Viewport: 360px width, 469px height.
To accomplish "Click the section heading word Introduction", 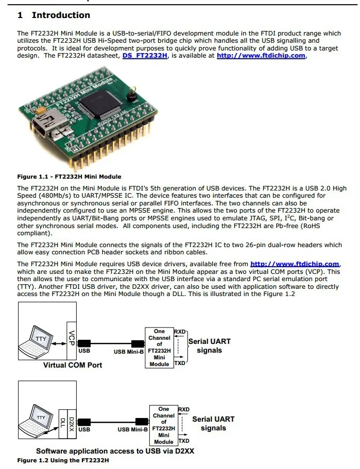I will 61,15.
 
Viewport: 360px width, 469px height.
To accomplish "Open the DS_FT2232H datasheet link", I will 145,56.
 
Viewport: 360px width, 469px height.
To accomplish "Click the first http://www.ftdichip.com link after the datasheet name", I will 261,56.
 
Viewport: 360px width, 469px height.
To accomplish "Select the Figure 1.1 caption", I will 69,177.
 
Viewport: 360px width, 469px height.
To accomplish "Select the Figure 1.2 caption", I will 63,460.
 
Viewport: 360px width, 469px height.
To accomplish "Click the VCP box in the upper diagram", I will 72,339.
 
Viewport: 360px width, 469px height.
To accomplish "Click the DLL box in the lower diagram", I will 63,422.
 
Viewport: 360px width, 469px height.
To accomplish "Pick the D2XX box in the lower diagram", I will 72,422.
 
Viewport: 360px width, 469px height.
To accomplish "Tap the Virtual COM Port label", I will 73,365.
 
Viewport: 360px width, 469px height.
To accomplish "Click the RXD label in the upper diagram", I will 180,332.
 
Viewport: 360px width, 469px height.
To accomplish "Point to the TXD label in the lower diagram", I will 184,441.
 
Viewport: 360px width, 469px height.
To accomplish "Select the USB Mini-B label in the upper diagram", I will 128,353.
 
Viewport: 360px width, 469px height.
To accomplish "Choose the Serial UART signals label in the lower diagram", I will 213,423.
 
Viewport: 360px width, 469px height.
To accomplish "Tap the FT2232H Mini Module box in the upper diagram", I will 159,348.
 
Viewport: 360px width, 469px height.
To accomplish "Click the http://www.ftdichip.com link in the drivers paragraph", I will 295,264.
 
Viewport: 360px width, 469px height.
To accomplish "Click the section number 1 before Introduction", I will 20,15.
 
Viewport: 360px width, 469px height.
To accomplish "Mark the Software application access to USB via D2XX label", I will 115,451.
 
